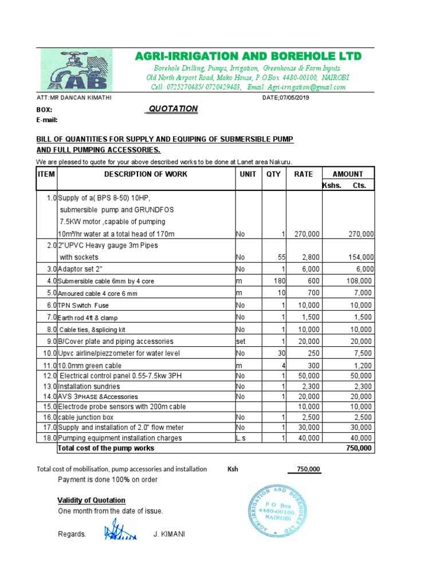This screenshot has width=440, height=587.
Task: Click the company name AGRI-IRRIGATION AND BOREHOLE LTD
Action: (x=248, y=56)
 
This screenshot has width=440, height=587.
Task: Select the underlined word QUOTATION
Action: (x=173, y=109)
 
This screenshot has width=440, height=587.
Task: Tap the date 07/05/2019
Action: (x=286, y=98)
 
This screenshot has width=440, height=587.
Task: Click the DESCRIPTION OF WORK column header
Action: (x=146, y=174)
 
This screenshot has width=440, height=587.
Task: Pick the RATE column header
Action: (x=304, y=174)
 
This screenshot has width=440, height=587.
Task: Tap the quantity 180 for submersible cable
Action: (x=278, y=281)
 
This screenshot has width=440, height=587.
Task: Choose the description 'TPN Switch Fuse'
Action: (x=84, y=306)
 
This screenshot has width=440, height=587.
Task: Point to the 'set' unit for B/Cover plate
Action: (x=241, y=342)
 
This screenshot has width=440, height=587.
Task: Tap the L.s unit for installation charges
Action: (x=241, y=438)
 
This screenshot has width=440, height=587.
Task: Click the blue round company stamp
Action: (x=273, y=510)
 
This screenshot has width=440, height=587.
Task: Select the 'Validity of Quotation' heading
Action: (x=91, y=500)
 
